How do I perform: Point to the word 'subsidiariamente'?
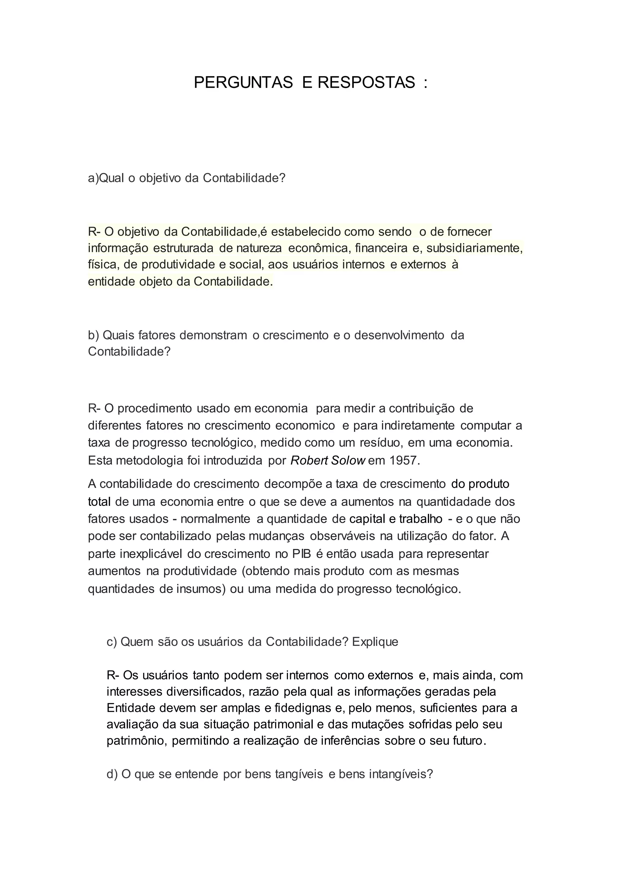point(474,248)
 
